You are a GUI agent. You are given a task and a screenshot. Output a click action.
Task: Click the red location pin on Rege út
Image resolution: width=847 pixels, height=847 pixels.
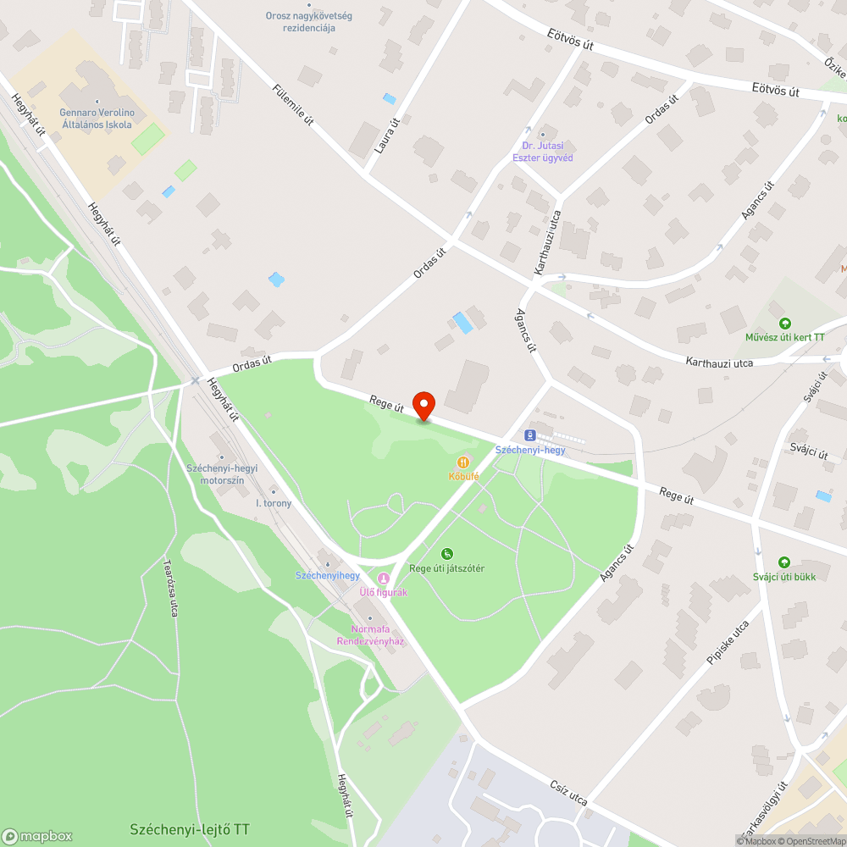[x=423, y=406]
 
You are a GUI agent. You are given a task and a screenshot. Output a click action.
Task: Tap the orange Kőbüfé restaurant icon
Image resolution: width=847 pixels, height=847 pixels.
[x=463, y=462]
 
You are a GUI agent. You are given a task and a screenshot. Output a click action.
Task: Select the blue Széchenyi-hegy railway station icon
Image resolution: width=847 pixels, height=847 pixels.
[x=530, y=435]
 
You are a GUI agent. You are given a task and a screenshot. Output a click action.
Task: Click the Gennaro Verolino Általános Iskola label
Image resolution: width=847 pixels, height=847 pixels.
[x=96, y=118]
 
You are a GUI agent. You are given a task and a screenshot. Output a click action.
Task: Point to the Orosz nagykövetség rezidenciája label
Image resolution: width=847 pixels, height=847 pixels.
[x=309, y=21]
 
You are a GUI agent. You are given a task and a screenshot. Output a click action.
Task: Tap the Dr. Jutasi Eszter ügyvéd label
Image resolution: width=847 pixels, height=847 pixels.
[x=543, y=152]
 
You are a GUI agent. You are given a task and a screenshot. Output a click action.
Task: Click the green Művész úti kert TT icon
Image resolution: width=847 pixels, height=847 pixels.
[x=785, y=323]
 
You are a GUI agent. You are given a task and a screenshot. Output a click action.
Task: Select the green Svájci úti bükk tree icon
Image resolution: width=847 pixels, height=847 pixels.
[x=784, y=562]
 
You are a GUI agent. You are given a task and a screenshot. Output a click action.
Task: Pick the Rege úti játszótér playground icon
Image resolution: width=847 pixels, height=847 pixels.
[x=447, y=554]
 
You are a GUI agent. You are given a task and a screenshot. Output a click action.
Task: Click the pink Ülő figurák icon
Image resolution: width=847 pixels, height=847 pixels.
[x=384, y=579]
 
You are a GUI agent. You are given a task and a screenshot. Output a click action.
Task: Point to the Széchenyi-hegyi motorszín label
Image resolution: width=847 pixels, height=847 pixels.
[x=222, y=473]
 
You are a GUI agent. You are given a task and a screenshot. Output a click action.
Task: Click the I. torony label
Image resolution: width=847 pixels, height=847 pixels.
[x=274, y=503]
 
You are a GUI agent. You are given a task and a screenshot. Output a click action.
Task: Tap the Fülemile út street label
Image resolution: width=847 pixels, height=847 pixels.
[x=293, y=105]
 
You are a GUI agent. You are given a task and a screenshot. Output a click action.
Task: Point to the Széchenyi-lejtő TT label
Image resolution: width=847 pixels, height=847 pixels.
[x=190, y=828]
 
